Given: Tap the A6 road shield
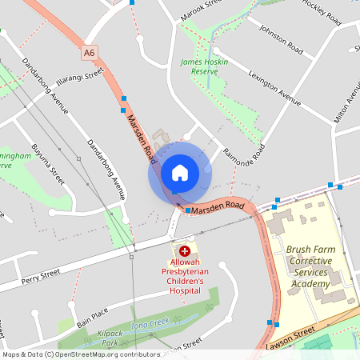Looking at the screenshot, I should pos(90,53).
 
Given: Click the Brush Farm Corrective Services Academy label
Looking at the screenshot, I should pos(310,267).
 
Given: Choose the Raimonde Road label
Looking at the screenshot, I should pos(243,141).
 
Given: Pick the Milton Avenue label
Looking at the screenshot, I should pos(346,104).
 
